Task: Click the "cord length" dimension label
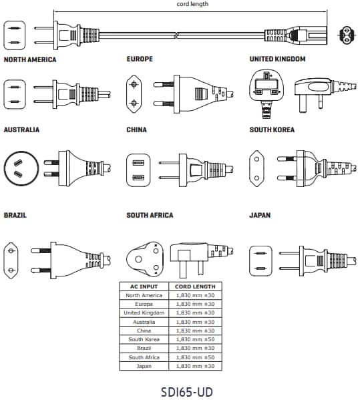pos(192,4)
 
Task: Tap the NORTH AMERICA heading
pos(30,59)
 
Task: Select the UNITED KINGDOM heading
pos(277,59)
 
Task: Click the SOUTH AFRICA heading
pos(150,215)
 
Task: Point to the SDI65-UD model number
pos(187,392)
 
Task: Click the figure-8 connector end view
pos(347,35)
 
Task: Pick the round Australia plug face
pos(21,168)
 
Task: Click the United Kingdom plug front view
pos(267,93)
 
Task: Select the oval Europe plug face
pos(134,94)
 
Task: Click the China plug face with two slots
pos(138,170)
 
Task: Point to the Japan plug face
pos(260,261)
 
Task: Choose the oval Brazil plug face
pos(11,260)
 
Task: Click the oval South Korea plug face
pos(256,168)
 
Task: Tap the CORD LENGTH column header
pos(195,286)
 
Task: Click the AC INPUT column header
pos(144,286)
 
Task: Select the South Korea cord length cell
pos(195,339)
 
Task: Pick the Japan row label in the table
pos(144,366)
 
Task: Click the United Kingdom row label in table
pos(144,313)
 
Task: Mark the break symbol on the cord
pos(176,35)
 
